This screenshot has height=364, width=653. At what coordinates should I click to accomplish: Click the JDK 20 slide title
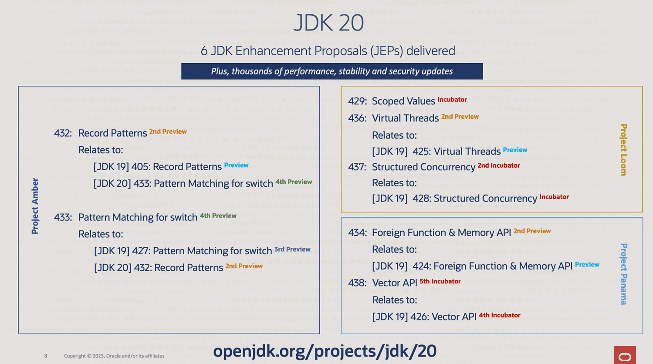[x=328, y=23]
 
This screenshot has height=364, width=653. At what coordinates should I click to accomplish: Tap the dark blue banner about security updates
[x=332, y=71]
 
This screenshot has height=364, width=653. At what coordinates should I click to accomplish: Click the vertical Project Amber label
[x=35, y=206]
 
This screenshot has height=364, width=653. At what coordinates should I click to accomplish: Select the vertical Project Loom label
[x=623, y=149]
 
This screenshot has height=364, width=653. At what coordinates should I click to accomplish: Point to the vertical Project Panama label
[x=623, y=274]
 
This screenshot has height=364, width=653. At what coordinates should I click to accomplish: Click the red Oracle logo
[x=625, y=355]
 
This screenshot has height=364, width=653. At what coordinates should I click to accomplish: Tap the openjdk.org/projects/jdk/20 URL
[x=325, y=351]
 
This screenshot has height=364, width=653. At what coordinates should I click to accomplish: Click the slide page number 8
[x=45, y=356]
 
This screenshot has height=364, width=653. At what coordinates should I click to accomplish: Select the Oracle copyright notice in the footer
[x=114, y=356]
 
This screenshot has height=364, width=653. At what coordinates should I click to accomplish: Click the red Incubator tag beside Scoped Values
[x=452, y=99]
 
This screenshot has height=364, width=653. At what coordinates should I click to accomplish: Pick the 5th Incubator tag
[x=440, y=281]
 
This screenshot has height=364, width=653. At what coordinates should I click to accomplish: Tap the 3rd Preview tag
[x=292, y=249]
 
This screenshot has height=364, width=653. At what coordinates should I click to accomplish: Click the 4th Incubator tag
[x=500, y=315]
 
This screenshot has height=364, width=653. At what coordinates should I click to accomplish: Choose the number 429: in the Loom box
[x=357, y=101]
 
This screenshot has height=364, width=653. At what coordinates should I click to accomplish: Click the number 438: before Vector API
[x=357, y=283]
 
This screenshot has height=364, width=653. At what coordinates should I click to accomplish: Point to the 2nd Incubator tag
[x=499, y=165]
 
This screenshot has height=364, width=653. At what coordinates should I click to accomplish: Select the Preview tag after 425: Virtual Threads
[x=515, y=150]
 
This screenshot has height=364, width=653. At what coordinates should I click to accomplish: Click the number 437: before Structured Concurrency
[x=357, y=167]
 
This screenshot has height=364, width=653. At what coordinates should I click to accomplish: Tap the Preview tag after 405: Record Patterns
[x=237, y=165]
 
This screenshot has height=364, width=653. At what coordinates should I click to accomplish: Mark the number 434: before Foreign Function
[x=357, y=233]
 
